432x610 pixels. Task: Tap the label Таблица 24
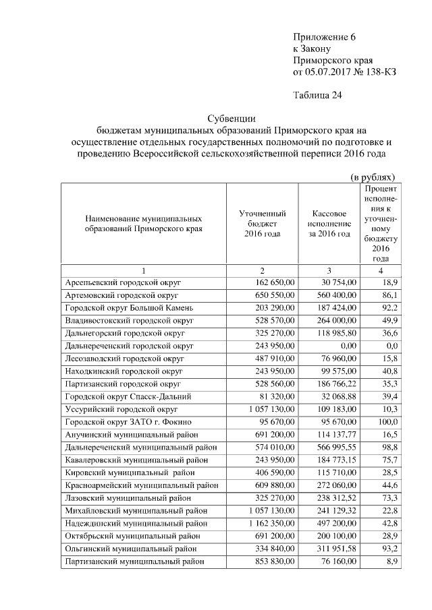(x=318, y=95)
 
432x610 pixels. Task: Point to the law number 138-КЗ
(x=377, y=72)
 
